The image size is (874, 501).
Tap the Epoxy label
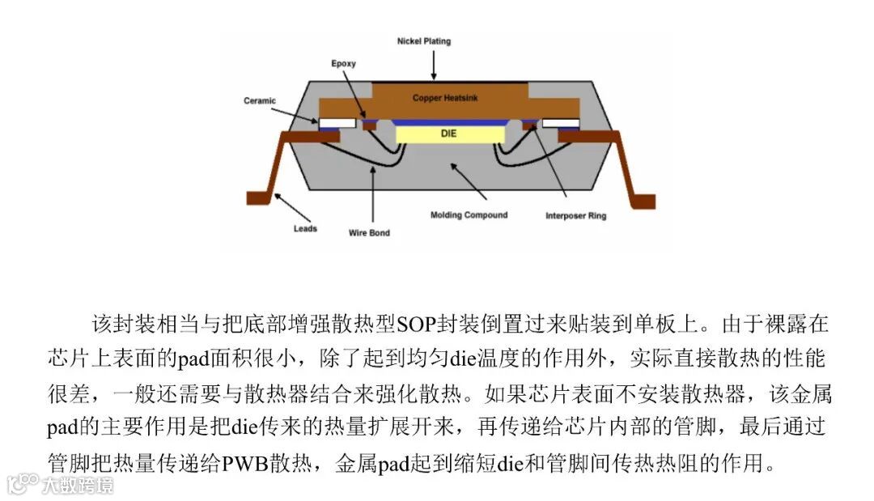343,64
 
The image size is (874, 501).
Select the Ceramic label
260,101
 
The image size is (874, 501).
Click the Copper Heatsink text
446,98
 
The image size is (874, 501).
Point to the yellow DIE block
448,133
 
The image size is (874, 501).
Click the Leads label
305,229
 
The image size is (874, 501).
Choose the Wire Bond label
368,233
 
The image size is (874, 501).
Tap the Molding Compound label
469,215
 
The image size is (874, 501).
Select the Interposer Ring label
575,216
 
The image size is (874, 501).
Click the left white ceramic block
337,125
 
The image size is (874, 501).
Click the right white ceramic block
560,125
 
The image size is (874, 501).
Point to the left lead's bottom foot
260,198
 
